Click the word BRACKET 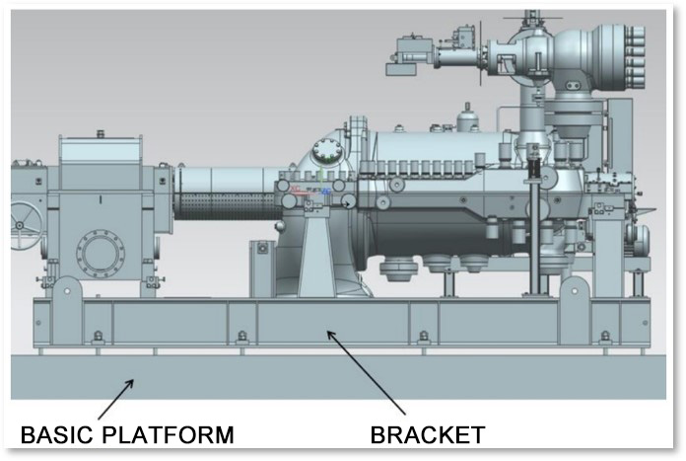point(427,434)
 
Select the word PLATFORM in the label point(176,434)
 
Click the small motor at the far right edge point(641,237)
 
